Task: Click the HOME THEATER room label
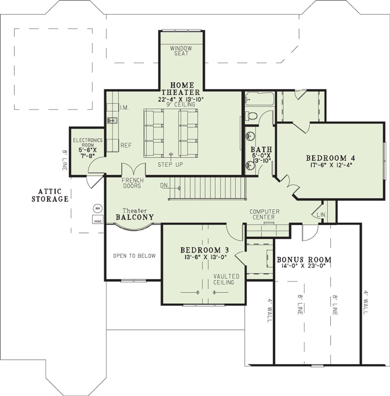pos(181,89)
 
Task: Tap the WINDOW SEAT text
pos(181,51)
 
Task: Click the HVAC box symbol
pos(97,220)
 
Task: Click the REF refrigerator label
pos(126,146)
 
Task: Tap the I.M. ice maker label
pos(125,108)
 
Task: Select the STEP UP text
pos(170,165)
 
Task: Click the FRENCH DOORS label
pos(133,183)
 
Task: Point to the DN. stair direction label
pos(164,186)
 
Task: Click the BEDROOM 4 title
pos(331,158)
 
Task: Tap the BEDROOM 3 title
pos(205,250)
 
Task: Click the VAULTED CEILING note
pos(226,279)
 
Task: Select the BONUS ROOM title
pos(304,260)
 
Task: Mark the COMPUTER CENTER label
pos(264,214)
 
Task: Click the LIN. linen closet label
pos(322,215)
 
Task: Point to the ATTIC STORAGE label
pos(50,195)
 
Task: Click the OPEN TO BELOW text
pos(134,256)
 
